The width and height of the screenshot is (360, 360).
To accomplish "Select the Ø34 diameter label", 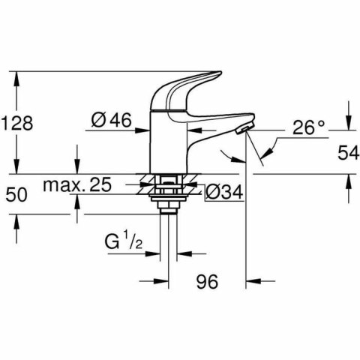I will [x=224, y=193].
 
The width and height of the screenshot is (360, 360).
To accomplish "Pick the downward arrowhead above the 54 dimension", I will [x=347, y=123].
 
